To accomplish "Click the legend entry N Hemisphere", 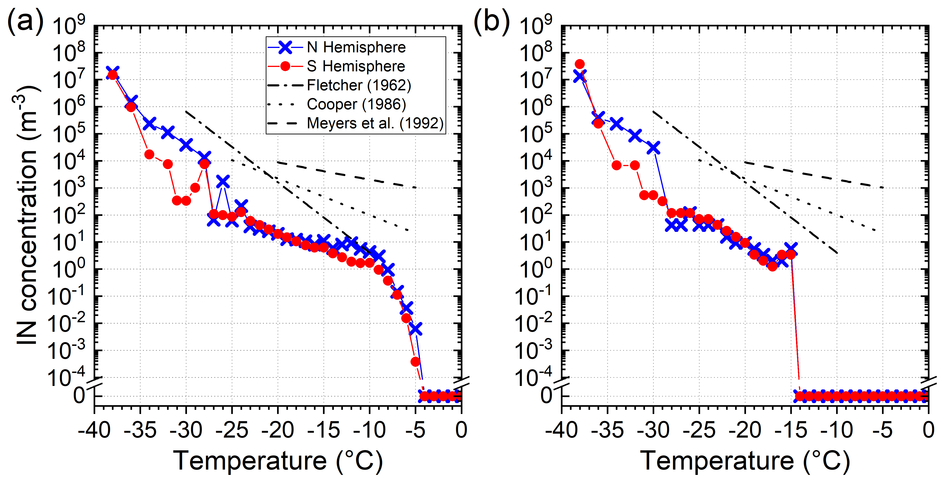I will [356, 47].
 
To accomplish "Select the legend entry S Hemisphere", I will [356, 66].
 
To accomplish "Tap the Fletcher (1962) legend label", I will [359, 85].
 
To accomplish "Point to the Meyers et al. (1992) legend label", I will [375, 124].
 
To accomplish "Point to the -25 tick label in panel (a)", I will [232, 430].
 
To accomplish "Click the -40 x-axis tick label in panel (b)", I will [561, 430].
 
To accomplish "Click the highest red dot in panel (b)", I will [580, 64].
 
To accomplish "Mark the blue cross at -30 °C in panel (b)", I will [653, 148].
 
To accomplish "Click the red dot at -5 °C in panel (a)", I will [415, 362].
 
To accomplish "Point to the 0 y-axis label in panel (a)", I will [79, 396].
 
